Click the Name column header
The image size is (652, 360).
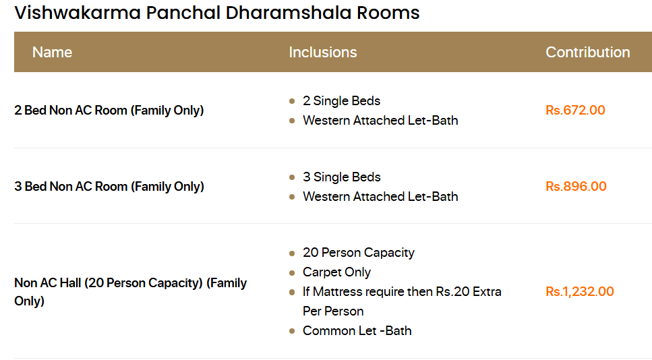(52, 53)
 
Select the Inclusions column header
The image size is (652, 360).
(322, 53)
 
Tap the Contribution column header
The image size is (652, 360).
(587, 53)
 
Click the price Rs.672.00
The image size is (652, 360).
(575, 111)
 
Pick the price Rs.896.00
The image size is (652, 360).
(576, 187)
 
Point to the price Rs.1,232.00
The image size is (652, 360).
(580, 292)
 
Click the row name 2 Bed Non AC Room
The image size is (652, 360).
(109, 111)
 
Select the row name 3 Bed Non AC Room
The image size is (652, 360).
(109, 187)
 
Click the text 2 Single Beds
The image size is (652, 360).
(341, 101)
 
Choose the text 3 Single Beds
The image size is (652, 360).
(341, 177)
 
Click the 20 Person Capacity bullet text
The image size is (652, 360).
(358, 253)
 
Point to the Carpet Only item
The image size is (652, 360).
(336, 272)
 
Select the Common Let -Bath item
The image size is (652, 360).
(357, 331)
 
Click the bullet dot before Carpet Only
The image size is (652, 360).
(292, 273)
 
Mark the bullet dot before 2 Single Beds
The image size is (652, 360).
(292, 101)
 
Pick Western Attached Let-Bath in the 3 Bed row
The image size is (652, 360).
(380, 197)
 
